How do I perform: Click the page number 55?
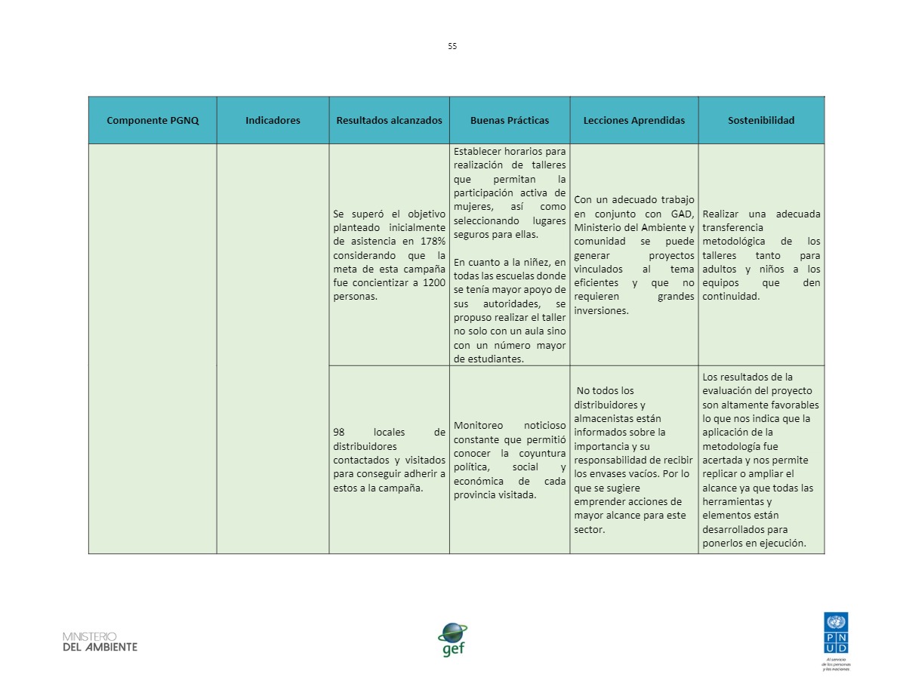pos(452,46)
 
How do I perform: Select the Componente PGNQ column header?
pos(153,121)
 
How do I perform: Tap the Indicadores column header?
pos(273,121)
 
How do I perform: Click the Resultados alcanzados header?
pos(389,121)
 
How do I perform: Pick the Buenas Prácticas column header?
pos(510,121)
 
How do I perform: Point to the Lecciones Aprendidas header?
pos(634,121)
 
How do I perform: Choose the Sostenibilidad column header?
pos(761,121)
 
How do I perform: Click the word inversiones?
pos(601,310)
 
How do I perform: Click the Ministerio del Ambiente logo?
pos(100,642)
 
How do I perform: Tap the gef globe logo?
pos(453,639)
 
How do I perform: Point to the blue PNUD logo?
pos(836,633)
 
